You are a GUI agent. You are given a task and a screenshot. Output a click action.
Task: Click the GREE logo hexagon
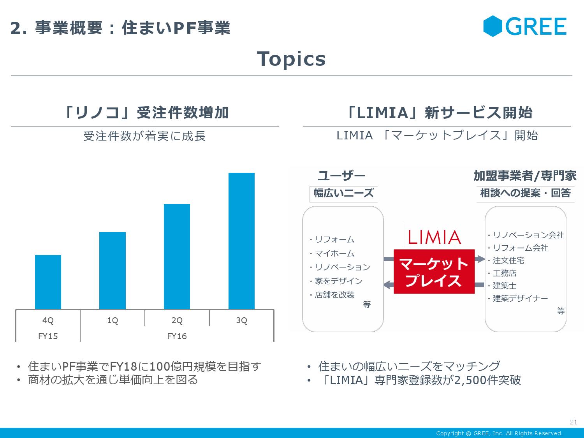coord(493,26)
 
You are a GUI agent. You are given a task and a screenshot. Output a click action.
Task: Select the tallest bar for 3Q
coord(241,241)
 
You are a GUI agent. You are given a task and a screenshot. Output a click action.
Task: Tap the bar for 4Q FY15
coord(48,282)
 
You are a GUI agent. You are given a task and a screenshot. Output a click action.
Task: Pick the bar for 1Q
coord(113,271)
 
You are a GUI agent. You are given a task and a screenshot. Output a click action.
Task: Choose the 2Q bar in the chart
coord(177,257)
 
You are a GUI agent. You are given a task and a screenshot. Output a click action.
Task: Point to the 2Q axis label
coord(177,320)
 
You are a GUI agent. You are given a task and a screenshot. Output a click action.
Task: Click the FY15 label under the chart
coord(48,336)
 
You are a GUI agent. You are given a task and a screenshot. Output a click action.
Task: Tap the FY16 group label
coord(177,336)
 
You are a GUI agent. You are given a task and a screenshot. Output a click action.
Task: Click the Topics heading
coord(291,59)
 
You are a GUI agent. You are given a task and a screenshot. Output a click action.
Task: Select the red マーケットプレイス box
coord(434,272)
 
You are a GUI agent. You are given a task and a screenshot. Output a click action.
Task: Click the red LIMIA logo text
coord(434,237)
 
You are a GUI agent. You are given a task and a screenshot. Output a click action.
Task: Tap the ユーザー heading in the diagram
coord(341,176)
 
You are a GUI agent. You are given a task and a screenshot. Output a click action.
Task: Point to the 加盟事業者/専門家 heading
coord(524,176)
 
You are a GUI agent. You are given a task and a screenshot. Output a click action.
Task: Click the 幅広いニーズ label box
coord(343,193)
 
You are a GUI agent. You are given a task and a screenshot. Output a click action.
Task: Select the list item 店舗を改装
coord(334,295)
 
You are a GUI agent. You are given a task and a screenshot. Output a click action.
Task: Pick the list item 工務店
coord(505,273)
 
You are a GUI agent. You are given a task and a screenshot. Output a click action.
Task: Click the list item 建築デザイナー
coord(520,298)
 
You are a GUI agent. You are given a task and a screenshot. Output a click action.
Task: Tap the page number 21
coord(573,422)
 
